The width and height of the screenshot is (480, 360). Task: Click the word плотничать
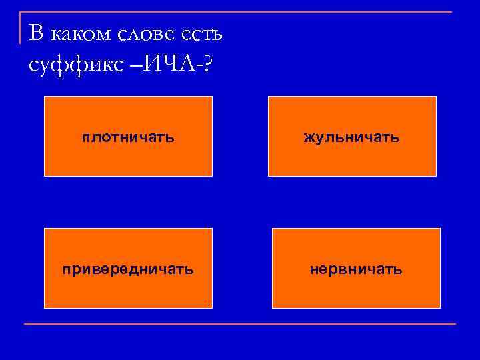click(128, 137)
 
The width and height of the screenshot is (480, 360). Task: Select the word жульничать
click(351, 137)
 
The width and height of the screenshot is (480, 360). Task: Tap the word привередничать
click(128, 269)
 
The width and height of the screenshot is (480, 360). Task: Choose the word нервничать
click(356, 269)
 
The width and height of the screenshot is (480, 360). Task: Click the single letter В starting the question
click(38, 33)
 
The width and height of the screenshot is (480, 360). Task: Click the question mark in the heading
click(210, 65)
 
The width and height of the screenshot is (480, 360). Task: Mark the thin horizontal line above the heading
click(240, 12)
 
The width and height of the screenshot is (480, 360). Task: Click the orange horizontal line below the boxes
click(240, 324)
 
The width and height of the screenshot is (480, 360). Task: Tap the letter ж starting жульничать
click(309, 137)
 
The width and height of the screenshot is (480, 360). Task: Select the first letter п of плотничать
click(86, 137)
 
